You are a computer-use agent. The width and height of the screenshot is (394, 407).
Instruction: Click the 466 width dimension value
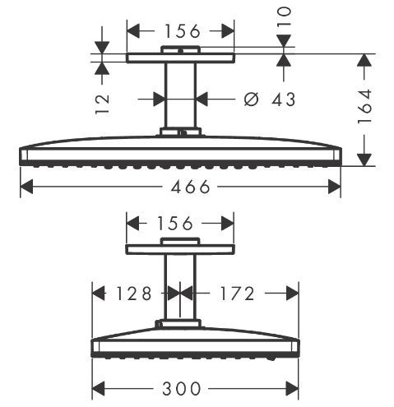pyautogui.click(x=181, y=187)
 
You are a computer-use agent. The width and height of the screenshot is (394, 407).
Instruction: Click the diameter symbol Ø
pyautogui.click(x=253, y=99)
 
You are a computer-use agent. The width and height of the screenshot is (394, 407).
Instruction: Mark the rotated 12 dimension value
pyautogui.click(x=101, y=103)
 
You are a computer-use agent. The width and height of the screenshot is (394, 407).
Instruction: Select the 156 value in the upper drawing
pyautogui.click(x=181, y=31)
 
